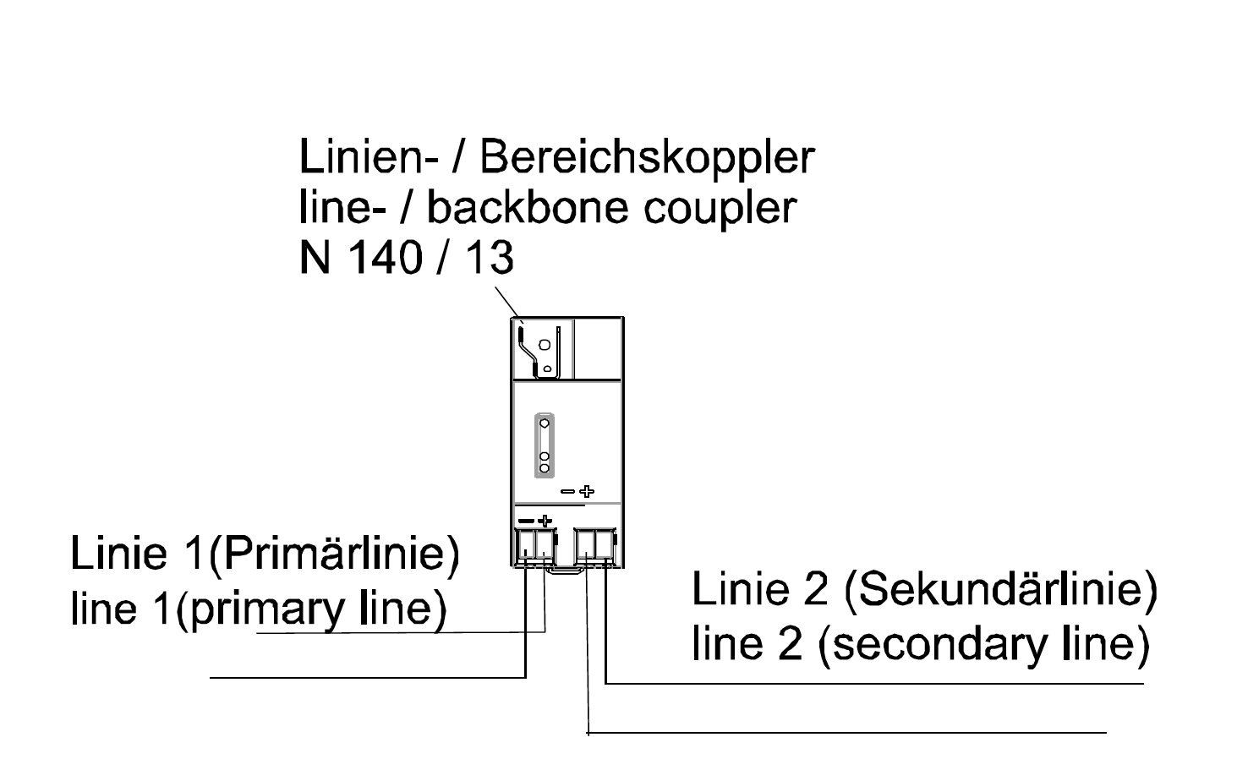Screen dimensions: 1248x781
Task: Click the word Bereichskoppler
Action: tap(647, 158)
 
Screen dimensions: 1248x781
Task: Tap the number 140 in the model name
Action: tap(385, 258)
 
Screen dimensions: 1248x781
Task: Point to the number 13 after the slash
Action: tap(490, 258)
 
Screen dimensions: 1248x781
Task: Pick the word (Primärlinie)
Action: tap(334, 554)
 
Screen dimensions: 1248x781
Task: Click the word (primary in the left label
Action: tap(260, 609)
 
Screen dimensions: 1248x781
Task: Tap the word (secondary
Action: tap(934, 645)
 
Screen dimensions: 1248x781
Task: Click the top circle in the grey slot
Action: tap(545, 423)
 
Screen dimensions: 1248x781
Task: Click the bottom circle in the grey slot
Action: tap(545, 468)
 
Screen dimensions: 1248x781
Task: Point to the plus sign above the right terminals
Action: tap(587, 491)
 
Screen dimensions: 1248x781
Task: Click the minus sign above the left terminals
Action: tap(525, 521)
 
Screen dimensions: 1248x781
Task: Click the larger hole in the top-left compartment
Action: tap(545, 345)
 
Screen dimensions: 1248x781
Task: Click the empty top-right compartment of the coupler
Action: tap(598, 348)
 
